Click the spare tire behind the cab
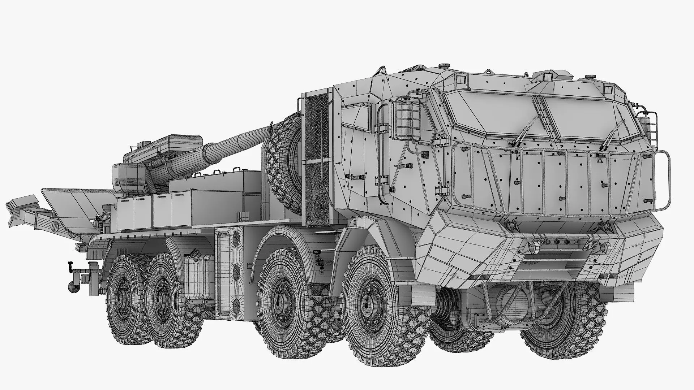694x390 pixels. point(284,162)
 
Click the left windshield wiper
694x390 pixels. point(520,134)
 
